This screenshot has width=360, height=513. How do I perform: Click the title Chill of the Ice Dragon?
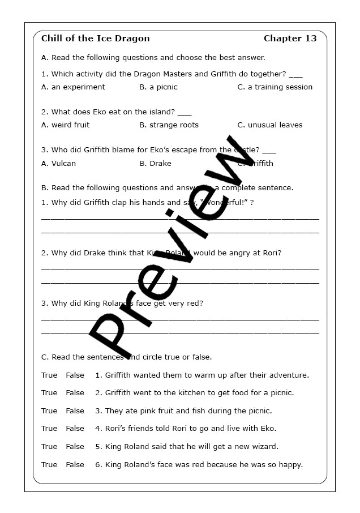point(96,39)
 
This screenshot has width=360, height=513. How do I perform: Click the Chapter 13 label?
point(290,39)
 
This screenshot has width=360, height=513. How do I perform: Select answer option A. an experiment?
point(73,87)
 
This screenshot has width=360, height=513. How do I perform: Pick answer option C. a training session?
point(275,87)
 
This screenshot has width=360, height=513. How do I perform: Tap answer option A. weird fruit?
point(66,125)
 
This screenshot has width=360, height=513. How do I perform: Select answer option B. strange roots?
point(169,125)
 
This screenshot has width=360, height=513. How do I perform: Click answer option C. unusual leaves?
point(270,125)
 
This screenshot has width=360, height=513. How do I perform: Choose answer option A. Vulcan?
point(58,164)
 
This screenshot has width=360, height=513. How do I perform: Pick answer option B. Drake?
point(155,164)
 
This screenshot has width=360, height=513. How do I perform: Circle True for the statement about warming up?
point(49,375)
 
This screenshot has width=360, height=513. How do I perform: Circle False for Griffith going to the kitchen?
point(75,393)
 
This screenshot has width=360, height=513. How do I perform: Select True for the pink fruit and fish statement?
point(49,411)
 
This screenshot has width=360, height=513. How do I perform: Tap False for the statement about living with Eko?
point(75,429)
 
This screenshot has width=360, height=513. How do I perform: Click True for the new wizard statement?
point(49,447)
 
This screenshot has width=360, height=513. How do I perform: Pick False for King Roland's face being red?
point(75,465)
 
